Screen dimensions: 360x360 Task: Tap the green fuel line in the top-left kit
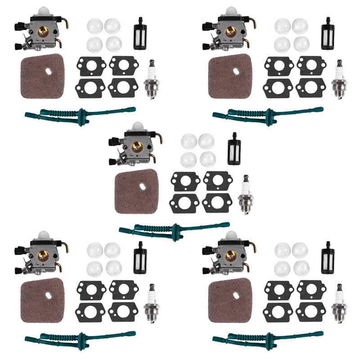(80, 112)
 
